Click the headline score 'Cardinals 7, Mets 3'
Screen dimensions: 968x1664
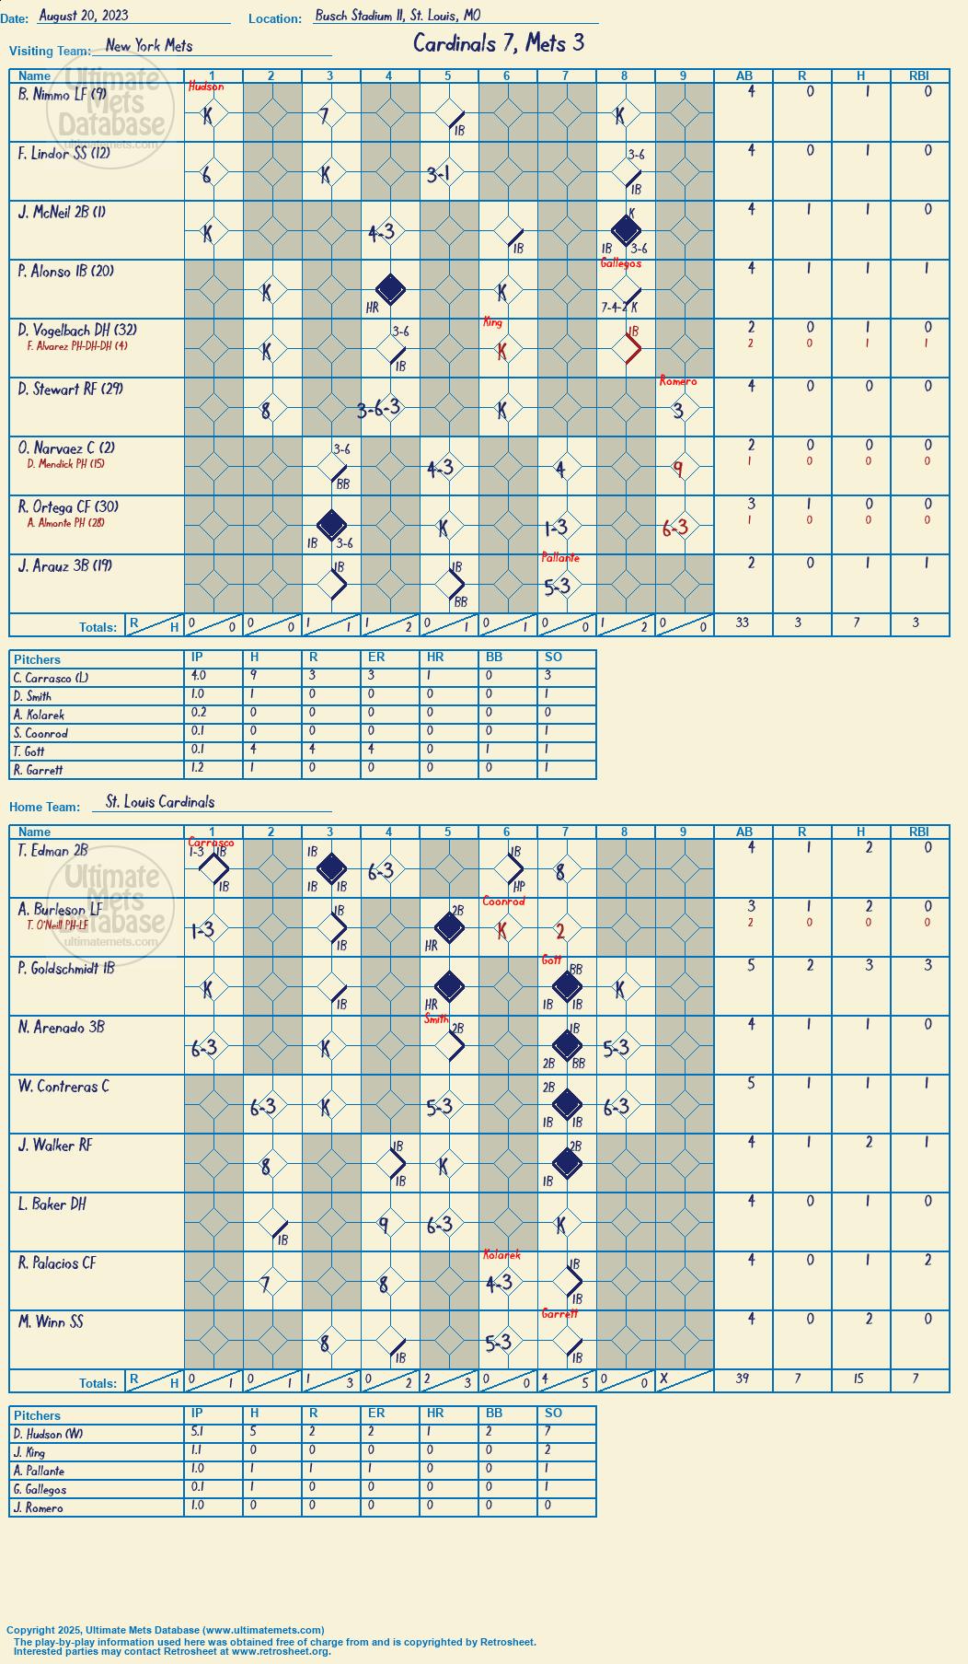coord(499,43)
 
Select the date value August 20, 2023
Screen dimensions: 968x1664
coord(84,16)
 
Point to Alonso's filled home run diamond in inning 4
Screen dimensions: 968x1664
coord(390,289)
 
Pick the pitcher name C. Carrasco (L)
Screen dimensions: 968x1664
coord(52,678)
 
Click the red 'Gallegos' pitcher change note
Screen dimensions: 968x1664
coord(621,263)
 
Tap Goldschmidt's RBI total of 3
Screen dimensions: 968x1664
coord(928,965)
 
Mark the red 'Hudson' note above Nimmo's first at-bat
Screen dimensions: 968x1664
coord(206,87)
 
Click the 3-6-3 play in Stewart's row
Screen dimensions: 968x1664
coord(379,409)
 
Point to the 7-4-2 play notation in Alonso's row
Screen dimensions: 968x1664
coord(615,308)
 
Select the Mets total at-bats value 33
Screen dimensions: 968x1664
coord(743,623)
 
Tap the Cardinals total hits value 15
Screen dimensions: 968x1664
coord(860,1379)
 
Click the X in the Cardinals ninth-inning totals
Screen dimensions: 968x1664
coord(664,1379)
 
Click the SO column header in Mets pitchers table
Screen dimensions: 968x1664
coord(553,657)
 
